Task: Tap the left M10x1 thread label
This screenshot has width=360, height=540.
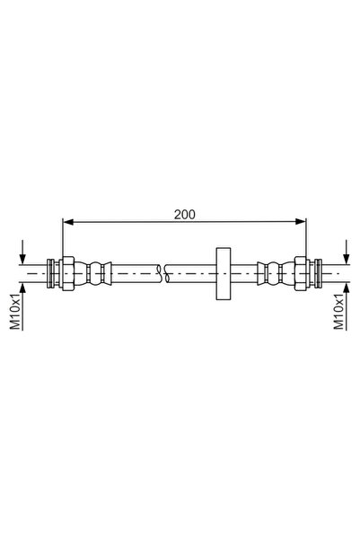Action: click(15, 310)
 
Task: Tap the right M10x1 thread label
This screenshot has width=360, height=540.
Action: click(340, 310)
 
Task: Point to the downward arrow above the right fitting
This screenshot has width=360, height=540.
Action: click(346, 251)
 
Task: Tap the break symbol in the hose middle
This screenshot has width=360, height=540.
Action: click(162, 270)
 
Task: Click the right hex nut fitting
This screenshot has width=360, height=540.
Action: click(300, 270)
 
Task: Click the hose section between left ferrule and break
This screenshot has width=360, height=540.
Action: click(135, 270)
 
